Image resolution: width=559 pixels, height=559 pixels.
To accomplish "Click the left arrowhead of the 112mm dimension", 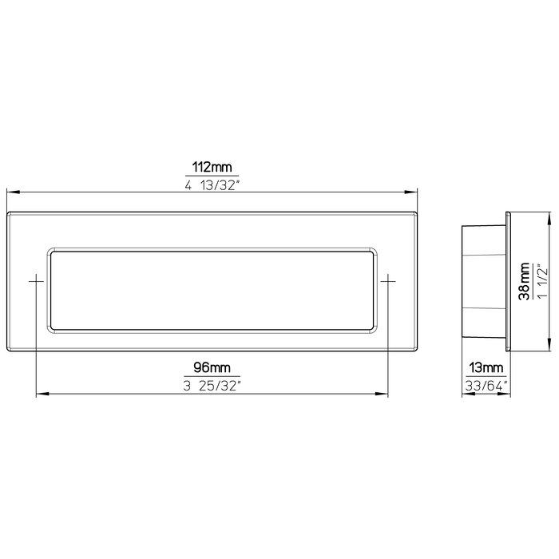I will (11, 192).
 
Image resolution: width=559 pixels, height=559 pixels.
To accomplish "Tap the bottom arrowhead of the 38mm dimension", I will (549, 348).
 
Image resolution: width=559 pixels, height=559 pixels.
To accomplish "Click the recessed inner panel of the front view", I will (212, 288).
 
